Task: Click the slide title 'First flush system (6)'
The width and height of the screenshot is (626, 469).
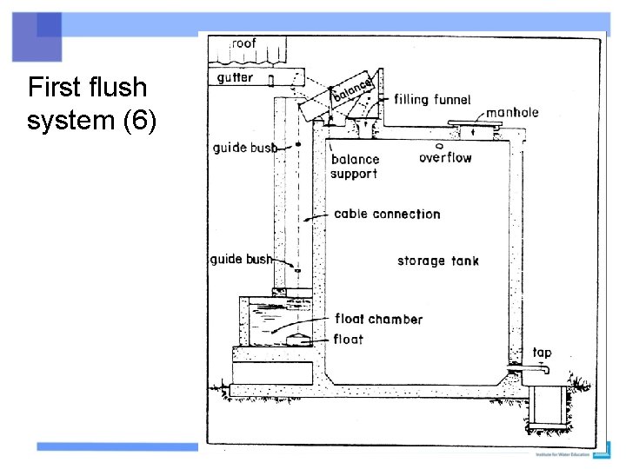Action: [91, 103]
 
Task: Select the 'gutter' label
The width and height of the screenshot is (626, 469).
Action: [235, 77]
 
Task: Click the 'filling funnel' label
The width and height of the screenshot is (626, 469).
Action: [432, 100]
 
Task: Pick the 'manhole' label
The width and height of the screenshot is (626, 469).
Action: [512, 112]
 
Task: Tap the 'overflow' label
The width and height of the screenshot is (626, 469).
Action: [445, 158]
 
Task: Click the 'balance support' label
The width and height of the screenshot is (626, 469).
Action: [355, 166]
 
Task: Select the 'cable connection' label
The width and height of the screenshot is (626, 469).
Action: [387, 214]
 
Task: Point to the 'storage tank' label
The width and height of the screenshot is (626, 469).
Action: [438, 261]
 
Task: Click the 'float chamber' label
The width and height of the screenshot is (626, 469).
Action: [378, 319]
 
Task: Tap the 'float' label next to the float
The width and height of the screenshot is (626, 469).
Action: [349, 339]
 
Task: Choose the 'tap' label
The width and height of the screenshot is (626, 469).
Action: [542, 353]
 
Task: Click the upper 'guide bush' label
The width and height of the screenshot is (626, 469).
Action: [244, 148]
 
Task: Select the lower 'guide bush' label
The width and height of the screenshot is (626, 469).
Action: [241, 259]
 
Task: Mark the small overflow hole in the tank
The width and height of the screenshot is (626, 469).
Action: [440, 146]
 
